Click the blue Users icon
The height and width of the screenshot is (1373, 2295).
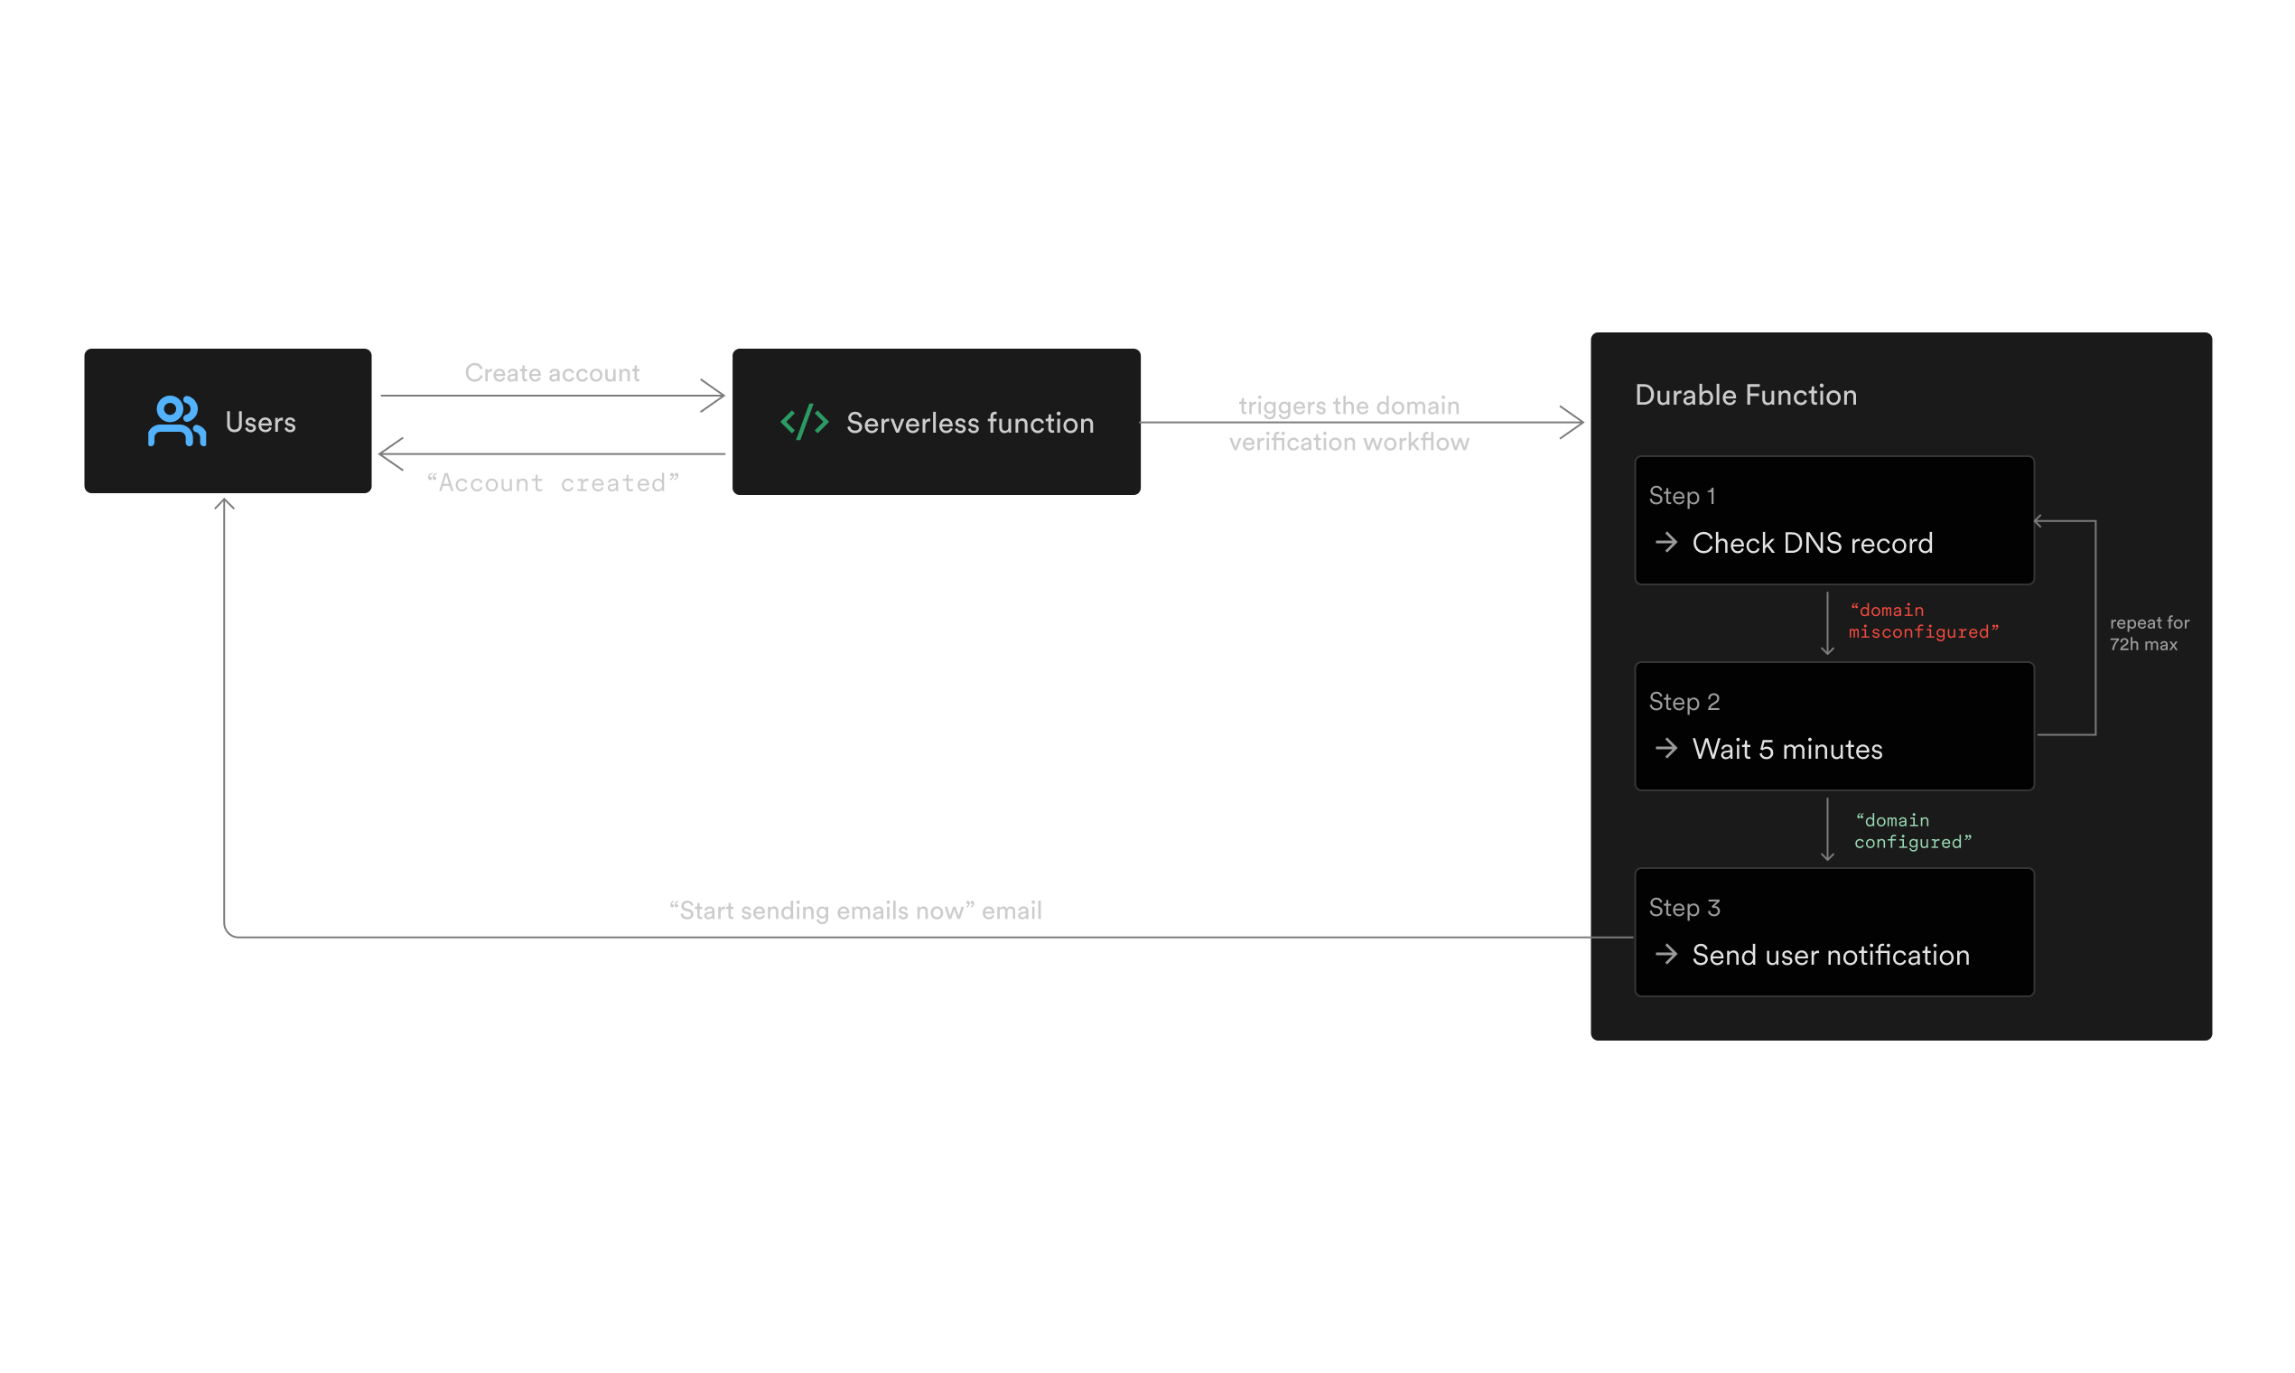click(x=177, y=422)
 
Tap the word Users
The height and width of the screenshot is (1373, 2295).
click(x=261, y=423)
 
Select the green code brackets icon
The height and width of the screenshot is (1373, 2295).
click(x=804, y=422)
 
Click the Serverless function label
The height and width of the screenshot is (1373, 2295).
click(x=969, y=424)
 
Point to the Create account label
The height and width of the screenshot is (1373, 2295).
click(x=551, y=373)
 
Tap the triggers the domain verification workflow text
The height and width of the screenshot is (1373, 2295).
click(x=1348, y=424)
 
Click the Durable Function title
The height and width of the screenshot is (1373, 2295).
click(x=1746, y=395)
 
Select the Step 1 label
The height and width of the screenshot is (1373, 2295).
click(x=1682, y=496)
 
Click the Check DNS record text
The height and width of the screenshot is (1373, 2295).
click(x=1812, y=543)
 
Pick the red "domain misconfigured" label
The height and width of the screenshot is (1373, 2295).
click(x=1922, y=621)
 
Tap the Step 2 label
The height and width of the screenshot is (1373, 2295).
click(x=1684, y=702)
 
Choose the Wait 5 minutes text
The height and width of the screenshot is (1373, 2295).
click(x=1787, y=750)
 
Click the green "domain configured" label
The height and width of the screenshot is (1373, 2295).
click(x=1912, y=831)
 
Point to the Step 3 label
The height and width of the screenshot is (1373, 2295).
click(x=1684, y=908)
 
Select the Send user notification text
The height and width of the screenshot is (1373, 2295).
click(x=1831, y=955)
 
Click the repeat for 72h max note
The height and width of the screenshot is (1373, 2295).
click(x=2149, y=634)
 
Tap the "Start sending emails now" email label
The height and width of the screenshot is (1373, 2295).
click(x=855, y=911)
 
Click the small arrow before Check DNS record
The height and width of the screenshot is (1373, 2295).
click(x=1666, y=542)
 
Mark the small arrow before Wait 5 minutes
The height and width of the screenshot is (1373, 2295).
click(x=1666, y=749)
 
